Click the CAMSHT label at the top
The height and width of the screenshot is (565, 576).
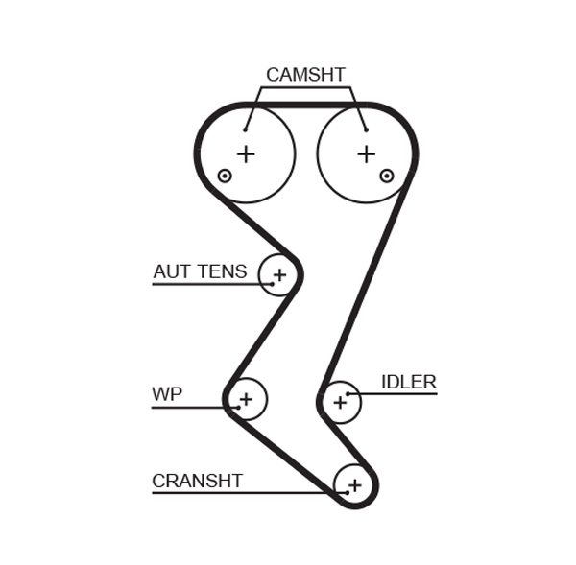[305, 75]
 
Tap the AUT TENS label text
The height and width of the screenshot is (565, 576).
[200, 272]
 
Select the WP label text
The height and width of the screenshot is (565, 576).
[167, 394]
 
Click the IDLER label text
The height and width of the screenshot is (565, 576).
[408, 382]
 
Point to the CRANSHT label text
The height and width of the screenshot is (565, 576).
[197, 481]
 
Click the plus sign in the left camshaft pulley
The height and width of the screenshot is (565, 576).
[247, 153]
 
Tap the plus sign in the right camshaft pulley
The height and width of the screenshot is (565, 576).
[366, 153]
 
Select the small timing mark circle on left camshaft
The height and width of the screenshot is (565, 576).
[225, 176]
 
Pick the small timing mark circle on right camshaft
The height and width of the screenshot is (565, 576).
[387, 176]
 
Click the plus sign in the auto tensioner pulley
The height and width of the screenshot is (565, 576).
[279, 276]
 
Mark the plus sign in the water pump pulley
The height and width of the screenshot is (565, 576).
[246, 399]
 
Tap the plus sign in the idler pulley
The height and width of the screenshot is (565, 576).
[340, 403]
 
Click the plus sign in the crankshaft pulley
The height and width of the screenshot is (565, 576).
[354, 485]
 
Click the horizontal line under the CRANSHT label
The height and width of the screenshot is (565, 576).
[240, 493]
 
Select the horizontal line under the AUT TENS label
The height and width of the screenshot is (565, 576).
[206, 285]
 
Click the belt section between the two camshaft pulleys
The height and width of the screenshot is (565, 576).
[305, 105]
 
